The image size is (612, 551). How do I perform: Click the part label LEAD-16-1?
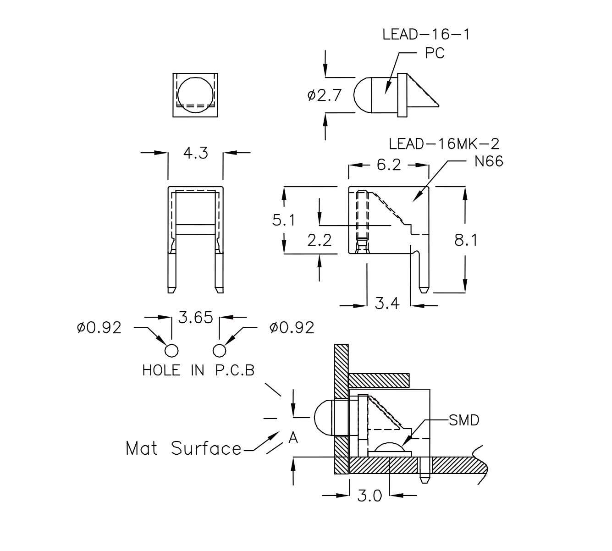426,35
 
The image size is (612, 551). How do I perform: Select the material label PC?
434,54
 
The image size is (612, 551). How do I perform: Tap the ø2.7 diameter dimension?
325,95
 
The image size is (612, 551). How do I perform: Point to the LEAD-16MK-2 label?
444,144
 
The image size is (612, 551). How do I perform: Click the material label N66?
489,161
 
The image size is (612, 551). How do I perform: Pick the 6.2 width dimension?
389,165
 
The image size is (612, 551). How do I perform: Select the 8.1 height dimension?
466,240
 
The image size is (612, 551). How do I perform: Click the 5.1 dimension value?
284,220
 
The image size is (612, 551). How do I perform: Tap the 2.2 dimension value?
319,240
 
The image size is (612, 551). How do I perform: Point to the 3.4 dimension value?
387,303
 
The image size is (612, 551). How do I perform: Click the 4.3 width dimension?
196,153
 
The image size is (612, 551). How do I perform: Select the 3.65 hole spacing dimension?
196,317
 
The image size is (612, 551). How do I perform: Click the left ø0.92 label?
99,328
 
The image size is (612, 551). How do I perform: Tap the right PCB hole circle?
220,350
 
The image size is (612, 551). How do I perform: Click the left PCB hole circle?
171,350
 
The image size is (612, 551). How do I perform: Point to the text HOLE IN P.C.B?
198,370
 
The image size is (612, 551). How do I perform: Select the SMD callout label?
464,420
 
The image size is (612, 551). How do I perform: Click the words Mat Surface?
183,448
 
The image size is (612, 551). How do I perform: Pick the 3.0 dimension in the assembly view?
369,496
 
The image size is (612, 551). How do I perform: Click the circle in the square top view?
196,93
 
